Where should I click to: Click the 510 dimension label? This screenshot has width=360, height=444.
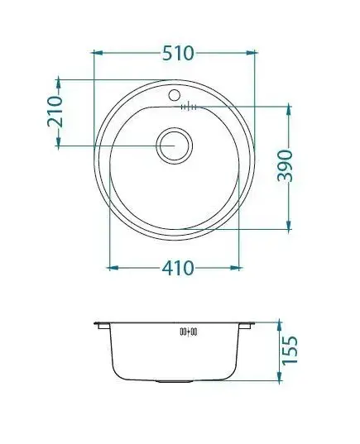click(x=178, y=53)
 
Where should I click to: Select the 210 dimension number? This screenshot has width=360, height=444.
click(x=55, y=112)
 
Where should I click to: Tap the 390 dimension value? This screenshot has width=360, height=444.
click(x=285, y=166)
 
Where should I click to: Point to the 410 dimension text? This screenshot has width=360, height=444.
click(x=178, y=268)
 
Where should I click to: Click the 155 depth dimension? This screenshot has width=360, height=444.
click(x=290, y=350)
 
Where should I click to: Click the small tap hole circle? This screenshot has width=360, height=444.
click(x=174, y=95)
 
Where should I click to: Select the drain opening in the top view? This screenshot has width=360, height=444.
click(x=174, y=146)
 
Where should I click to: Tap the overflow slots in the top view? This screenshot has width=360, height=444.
click(x=189, y=107)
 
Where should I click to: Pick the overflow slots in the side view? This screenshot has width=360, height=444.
click(x=189, y=332)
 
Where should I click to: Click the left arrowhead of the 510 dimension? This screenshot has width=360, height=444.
click(x=98, y=53)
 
